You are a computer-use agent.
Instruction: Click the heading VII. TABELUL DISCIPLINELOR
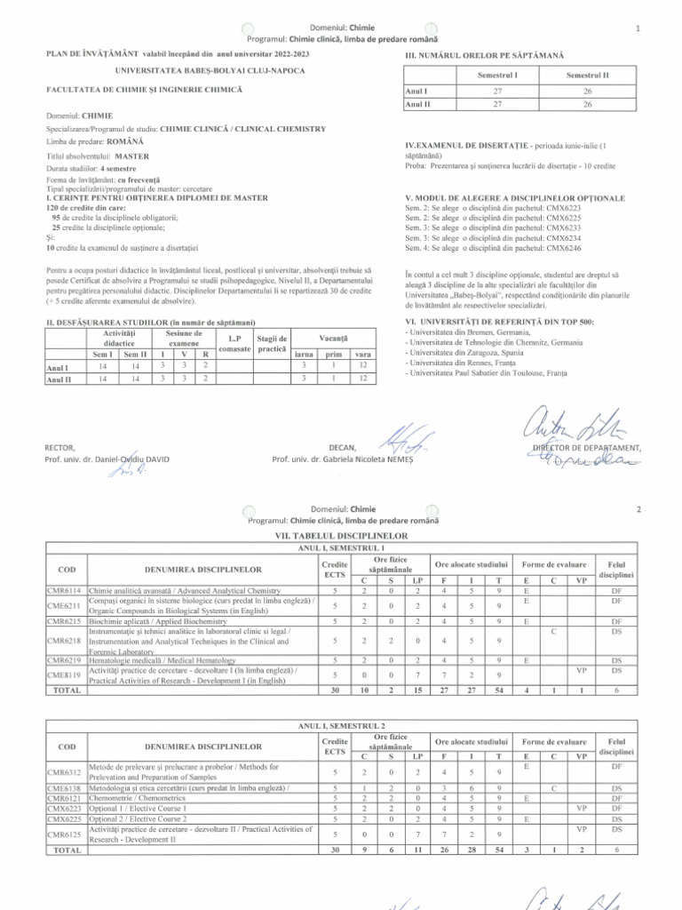pyautogui.click(x=342, y=538)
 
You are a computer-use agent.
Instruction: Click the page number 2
pyautogui.click(x=638, y=510)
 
